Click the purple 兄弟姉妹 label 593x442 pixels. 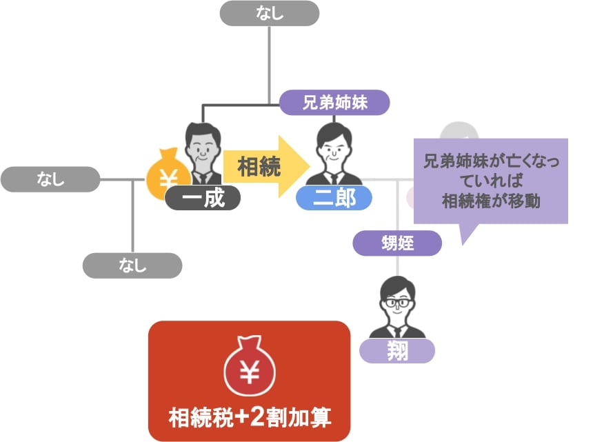(x=334, y=103)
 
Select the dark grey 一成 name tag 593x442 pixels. (x=203, y=198)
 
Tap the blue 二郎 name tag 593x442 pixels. (x=334, y=198)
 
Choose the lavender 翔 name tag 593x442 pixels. (x=397, y=351)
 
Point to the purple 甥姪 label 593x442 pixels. (x=397, y=243)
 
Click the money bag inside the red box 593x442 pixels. (x=250, y=365)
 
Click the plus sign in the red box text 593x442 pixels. (x=241, y=417)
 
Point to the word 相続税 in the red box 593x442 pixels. (x=201, y=417)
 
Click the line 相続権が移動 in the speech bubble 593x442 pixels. (x=491, y=201)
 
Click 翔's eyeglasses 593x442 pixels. (x=396, y=303)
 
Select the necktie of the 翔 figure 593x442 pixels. (x=397, y=333)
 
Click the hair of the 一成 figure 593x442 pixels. (x=203, y=132)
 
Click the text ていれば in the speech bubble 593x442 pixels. (x=491, y=181)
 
